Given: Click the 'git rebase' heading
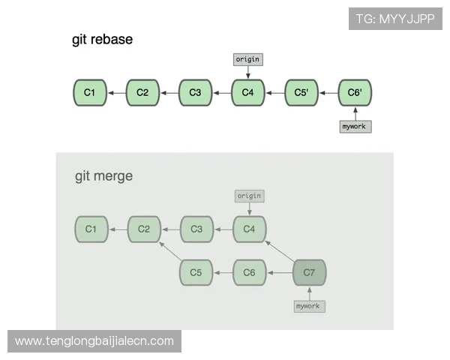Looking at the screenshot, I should tap(102, 40).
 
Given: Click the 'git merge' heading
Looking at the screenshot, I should tap(103, 176).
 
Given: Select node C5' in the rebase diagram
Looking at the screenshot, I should tap(301, 93).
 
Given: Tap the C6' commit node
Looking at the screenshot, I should tap(355, 93).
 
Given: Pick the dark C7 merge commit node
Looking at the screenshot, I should tap(309, 273).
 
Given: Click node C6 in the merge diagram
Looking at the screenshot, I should tap(250, 273).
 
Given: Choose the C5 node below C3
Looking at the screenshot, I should tap(196, 273).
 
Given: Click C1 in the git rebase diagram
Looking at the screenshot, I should tap(90, 93).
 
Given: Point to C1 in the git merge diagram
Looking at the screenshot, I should tap(91, 229).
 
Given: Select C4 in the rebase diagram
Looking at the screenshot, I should tap(248, 93).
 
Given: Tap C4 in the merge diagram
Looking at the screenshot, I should tap(250, 229).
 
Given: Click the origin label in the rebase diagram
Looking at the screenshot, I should tap(248, 58).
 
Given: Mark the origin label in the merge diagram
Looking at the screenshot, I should tap(249, 196).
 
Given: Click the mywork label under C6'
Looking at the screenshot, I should tap(355, 127).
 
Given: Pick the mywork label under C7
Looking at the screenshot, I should tap(309, 306).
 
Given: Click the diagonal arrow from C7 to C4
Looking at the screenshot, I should tap(280, 252).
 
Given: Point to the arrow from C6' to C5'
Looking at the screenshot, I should tap(328, 93).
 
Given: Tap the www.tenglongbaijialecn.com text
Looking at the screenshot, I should tap(94, 341).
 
